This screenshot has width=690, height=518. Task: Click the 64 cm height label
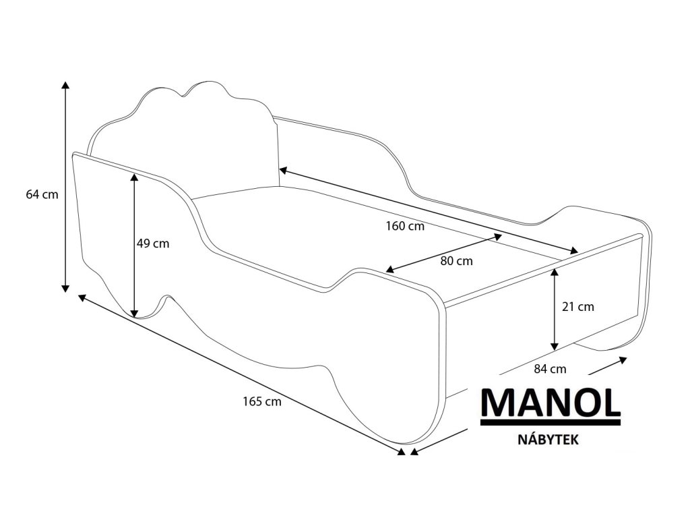42,195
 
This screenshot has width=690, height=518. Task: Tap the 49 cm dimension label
153,243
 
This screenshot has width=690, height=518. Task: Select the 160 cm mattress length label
405,227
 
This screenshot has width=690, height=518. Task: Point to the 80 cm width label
456,260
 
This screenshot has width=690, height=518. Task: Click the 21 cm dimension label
578,306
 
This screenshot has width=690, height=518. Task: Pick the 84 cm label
549,368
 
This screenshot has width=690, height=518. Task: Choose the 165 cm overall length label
262,402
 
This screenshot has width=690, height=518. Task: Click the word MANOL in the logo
550,403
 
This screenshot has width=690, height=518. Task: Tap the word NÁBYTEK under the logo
549,439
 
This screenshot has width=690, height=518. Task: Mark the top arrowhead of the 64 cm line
65,85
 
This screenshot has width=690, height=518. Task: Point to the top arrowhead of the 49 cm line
134,177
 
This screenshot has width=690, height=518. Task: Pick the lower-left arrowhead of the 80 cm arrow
389,270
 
